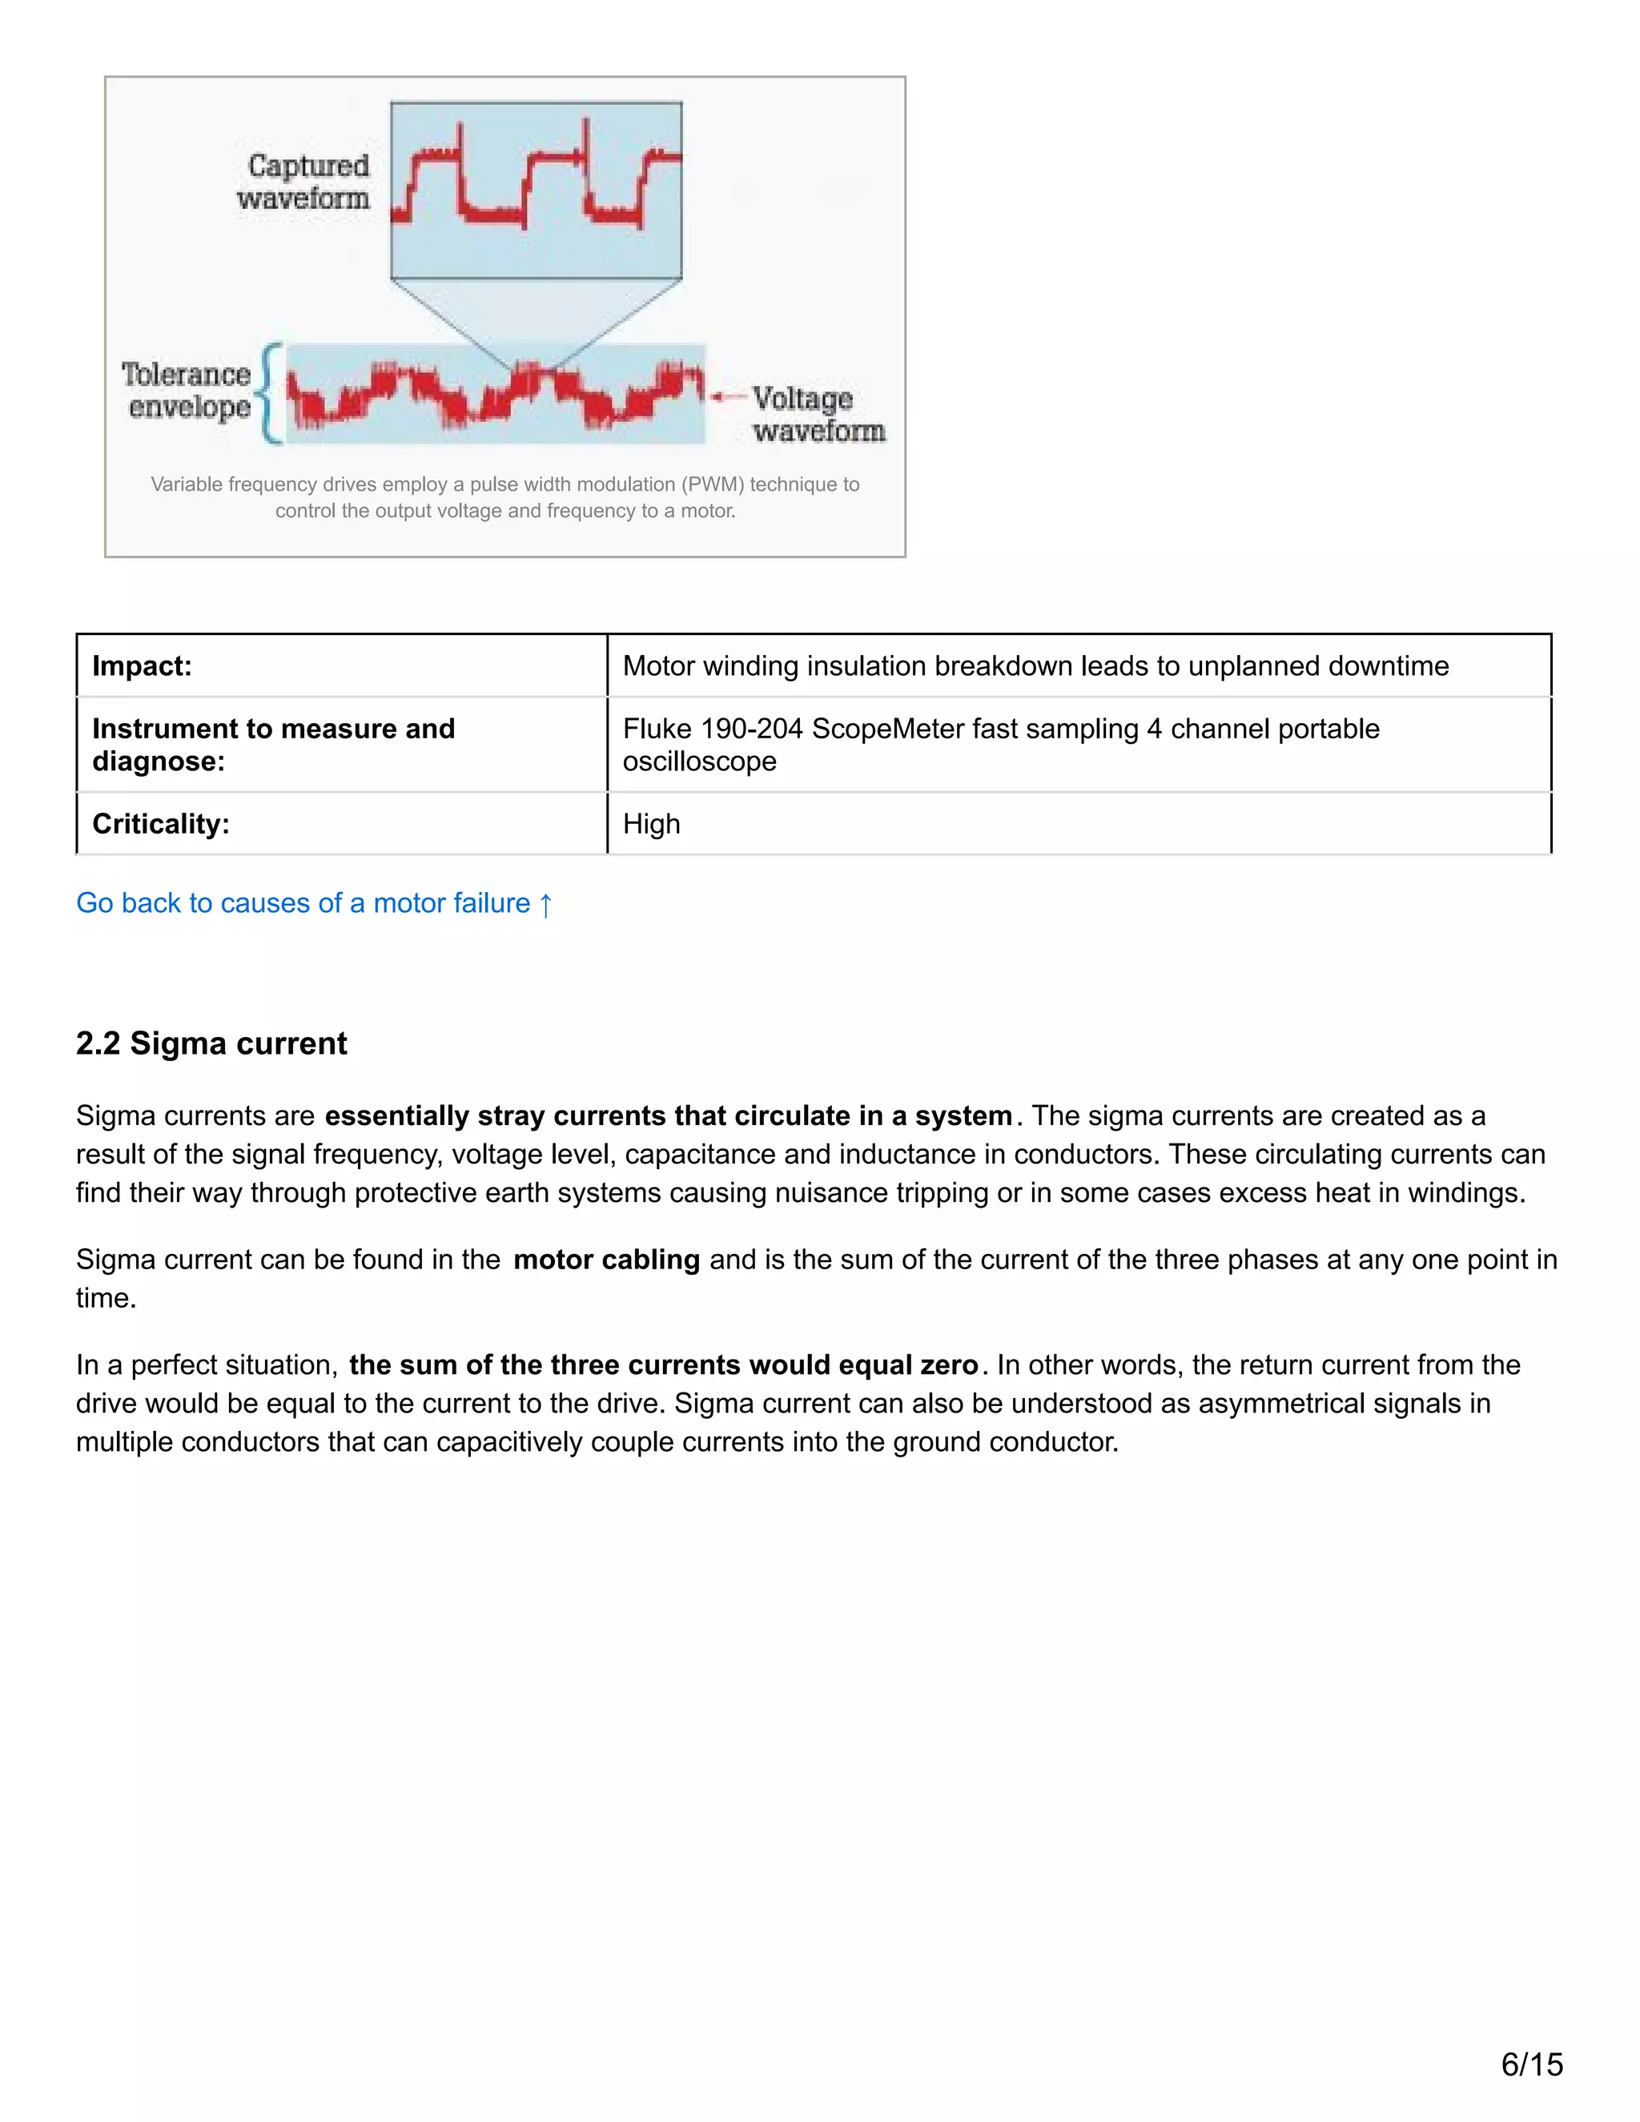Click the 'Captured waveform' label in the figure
coord(303,182)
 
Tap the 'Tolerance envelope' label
coord(187,391)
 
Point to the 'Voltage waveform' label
coord(818,414)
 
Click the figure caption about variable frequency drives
coord(505,497)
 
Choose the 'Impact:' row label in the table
coord(142,666)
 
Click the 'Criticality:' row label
coord(161,824)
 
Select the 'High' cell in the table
coord(651,824)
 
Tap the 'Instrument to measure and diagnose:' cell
coord(273,744)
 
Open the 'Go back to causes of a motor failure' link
coord(303,903)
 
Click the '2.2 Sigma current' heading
coord(211,1043)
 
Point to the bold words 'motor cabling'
coord(606,1260)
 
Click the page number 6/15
coord(1532,2064)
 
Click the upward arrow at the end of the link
coord(546,905)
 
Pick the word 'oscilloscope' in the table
coord(700,762)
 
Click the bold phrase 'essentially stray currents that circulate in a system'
coord(669,1116)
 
